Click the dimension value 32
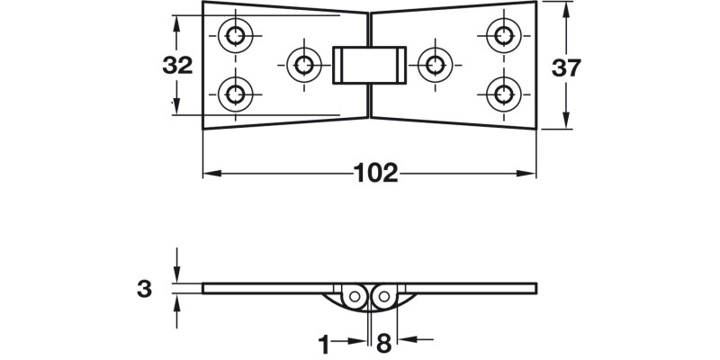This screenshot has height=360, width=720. pos(178,65)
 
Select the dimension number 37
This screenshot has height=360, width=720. pos(565,68)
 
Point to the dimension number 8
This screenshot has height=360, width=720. pos(382,342)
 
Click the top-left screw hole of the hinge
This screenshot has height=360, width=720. pos(236,35)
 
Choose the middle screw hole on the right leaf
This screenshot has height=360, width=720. pos(436,64)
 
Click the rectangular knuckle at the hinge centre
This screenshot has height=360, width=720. pos(369,65)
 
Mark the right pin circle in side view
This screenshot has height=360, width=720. pos(382,294)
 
